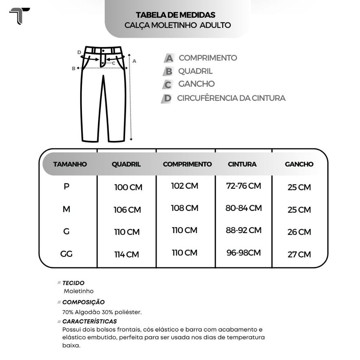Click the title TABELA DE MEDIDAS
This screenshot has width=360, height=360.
(175, 15)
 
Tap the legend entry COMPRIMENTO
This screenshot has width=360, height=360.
(208, 58)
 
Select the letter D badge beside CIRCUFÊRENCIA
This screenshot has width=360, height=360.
(167, 98)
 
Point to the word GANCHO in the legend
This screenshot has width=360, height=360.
(196, 84)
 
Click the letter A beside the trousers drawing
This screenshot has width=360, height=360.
(134, 61)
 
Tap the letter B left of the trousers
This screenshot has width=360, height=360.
(74, 69)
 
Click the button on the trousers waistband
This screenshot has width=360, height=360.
(103, 51)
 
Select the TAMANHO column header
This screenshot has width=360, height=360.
(70, 164)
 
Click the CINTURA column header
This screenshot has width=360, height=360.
(242, 164)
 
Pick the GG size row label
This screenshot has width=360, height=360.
(66, 254)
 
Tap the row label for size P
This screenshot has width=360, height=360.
(66, 187)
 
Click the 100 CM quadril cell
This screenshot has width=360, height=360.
(128, 187)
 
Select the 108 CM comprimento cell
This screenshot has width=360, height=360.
(185, 208)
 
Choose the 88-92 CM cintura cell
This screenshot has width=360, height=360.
(243, 230)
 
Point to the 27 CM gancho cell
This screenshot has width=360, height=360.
(299, 255)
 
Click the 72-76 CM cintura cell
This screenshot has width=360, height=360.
(243, 186)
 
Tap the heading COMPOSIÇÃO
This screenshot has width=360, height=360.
(83, 302)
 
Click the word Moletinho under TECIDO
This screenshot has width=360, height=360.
(79, 291)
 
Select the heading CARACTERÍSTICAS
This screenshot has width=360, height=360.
(89, 321)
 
